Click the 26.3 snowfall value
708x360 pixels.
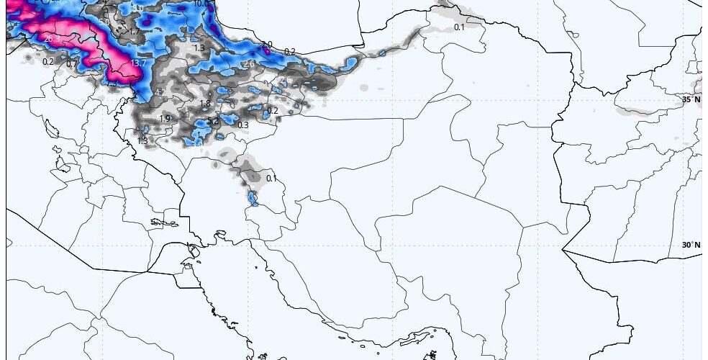50,39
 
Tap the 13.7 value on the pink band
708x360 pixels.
139,63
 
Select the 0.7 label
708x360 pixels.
72,64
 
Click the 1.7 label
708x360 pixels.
135,32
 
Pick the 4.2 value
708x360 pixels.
160,94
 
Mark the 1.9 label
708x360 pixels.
165,119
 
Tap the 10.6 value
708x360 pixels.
201,4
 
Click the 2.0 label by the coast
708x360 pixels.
267,45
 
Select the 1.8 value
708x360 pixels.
205,104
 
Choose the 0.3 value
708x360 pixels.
243,125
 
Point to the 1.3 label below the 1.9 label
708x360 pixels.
142,140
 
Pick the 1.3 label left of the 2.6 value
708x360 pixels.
199,48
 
